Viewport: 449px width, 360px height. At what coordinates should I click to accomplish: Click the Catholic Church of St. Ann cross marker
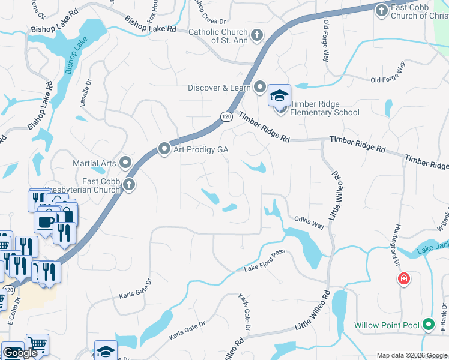pos(256,35)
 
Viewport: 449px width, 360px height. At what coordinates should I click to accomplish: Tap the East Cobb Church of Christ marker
pos(381,10)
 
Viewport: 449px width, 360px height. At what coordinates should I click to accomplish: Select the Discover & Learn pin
pos(259,88)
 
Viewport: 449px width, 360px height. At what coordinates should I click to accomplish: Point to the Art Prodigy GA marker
pos(164,149)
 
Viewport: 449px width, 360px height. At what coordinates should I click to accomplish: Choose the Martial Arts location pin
pos(125,162)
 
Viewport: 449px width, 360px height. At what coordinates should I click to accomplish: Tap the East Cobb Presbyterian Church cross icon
pos(129,185)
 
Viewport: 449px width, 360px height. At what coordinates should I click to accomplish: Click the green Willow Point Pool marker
pos(428,325)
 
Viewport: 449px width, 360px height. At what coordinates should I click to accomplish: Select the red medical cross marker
pos(404,279)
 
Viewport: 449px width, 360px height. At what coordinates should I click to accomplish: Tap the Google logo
pos(20,353)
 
